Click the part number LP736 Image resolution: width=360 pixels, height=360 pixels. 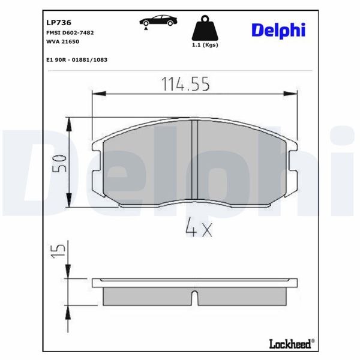click(x=59, y=22)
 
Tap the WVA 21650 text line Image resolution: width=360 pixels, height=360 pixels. click(x=62, y=41)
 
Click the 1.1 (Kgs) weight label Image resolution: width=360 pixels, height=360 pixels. click(x=204, y=46)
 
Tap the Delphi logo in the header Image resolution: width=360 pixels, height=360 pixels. click(x=278, y=29)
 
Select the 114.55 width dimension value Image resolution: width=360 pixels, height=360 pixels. click(x=185, y=85)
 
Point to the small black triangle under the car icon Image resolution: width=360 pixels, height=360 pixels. click(x=145, y=29)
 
